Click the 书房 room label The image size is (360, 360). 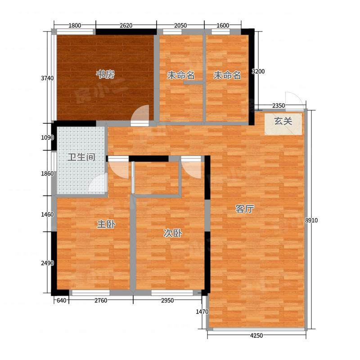[x=105, y=75]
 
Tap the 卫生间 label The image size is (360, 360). [x=81, y=157]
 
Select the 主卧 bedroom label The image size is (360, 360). [x=106, y=224]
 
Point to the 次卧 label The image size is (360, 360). [x=173, y=234]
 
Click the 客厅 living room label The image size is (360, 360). [x=245, y=209]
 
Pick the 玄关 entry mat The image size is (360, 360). [x=283, y=124]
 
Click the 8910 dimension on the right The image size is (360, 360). [x=311, y=220]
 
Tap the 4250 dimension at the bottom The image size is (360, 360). [x=256, y=335]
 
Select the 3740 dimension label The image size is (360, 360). [x=47, y=78]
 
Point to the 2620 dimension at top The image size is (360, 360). [x=126, y=25]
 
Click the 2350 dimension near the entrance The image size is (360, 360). [x=279, y=106]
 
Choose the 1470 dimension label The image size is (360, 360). [x=202, y=311]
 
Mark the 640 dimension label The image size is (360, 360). [x=61, y=300]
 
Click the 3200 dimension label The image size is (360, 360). [x=258, y=72]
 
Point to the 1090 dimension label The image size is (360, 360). [x=47, y=138]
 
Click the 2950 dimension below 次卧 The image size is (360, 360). [x=167, y=300]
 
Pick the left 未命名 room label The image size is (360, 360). [x=181, y=75]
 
